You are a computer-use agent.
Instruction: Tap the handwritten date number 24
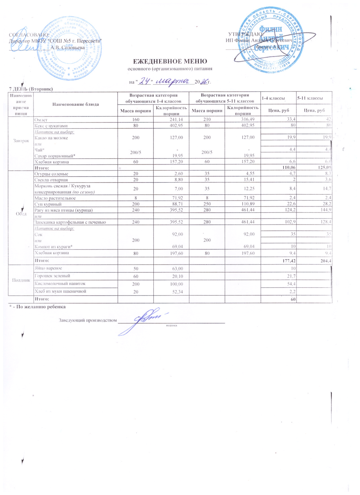[x=144, y=81]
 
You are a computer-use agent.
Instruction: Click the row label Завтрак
[x=21, y=141]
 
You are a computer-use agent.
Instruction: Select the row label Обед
[x=21, y=214]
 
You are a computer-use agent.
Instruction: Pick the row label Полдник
[x=21, y=280]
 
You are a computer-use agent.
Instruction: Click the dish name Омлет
[x=41, y=120]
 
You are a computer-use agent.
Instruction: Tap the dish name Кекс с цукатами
[x=51, y=126]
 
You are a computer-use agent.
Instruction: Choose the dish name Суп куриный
[x=48, y=204]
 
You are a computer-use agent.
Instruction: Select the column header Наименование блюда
[x=76, y=104]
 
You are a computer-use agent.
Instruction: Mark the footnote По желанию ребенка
[x=39, y=307]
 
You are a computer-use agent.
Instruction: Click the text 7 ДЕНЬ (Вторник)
[x=31, y=89]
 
